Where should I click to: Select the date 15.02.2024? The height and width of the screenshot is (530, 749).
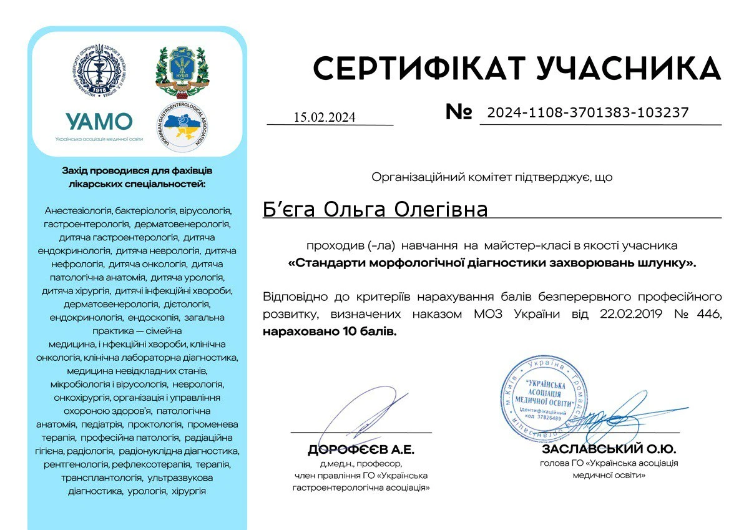coord(324,117)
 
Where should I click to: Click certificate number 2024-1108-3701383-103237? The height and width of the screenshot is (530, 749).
coord(588,113)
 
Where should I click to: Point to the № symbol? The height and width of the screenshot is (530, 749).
coord(459,112)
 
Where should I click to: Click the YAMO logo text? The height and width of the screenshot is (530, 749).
coord(99,121)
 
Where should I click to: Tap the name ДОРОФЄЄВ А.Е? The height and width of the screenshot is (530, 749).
coord(361,450)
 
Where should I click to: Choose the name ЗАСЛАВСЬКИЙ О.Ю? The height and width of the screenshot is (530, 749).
coord(609,449)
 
